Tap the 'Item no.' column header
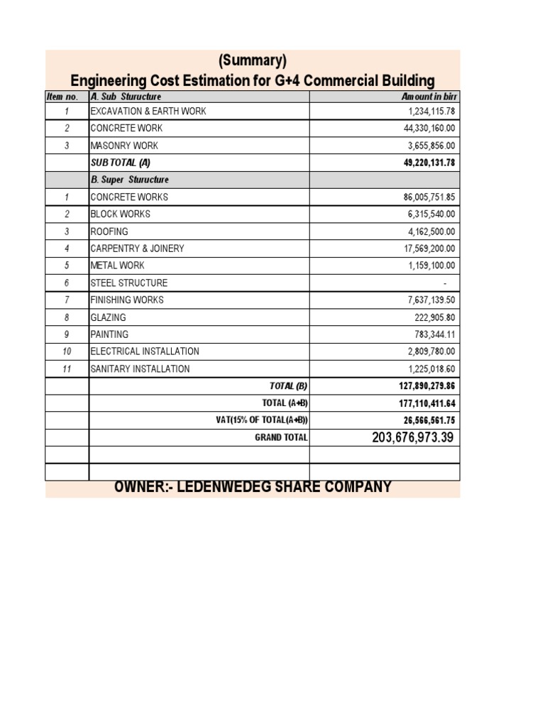click(67, 97)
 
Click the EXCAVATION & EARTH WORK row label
click(148, 111)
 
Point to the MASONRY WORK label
click(124, 146)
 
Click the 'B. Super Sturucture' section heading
click(130, 180)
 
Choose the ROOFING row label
click(109, 231)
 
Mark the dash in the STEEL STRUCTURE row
click(445, 283)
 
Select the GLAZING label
click(109, 317)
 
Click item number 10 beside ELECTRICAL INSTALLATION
click(67, 351)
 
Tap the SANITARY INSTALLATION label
click(140, 369)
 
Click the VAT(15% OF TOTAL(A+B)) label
click(262, 420)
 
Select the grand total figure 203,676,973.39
click(412, 437)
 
